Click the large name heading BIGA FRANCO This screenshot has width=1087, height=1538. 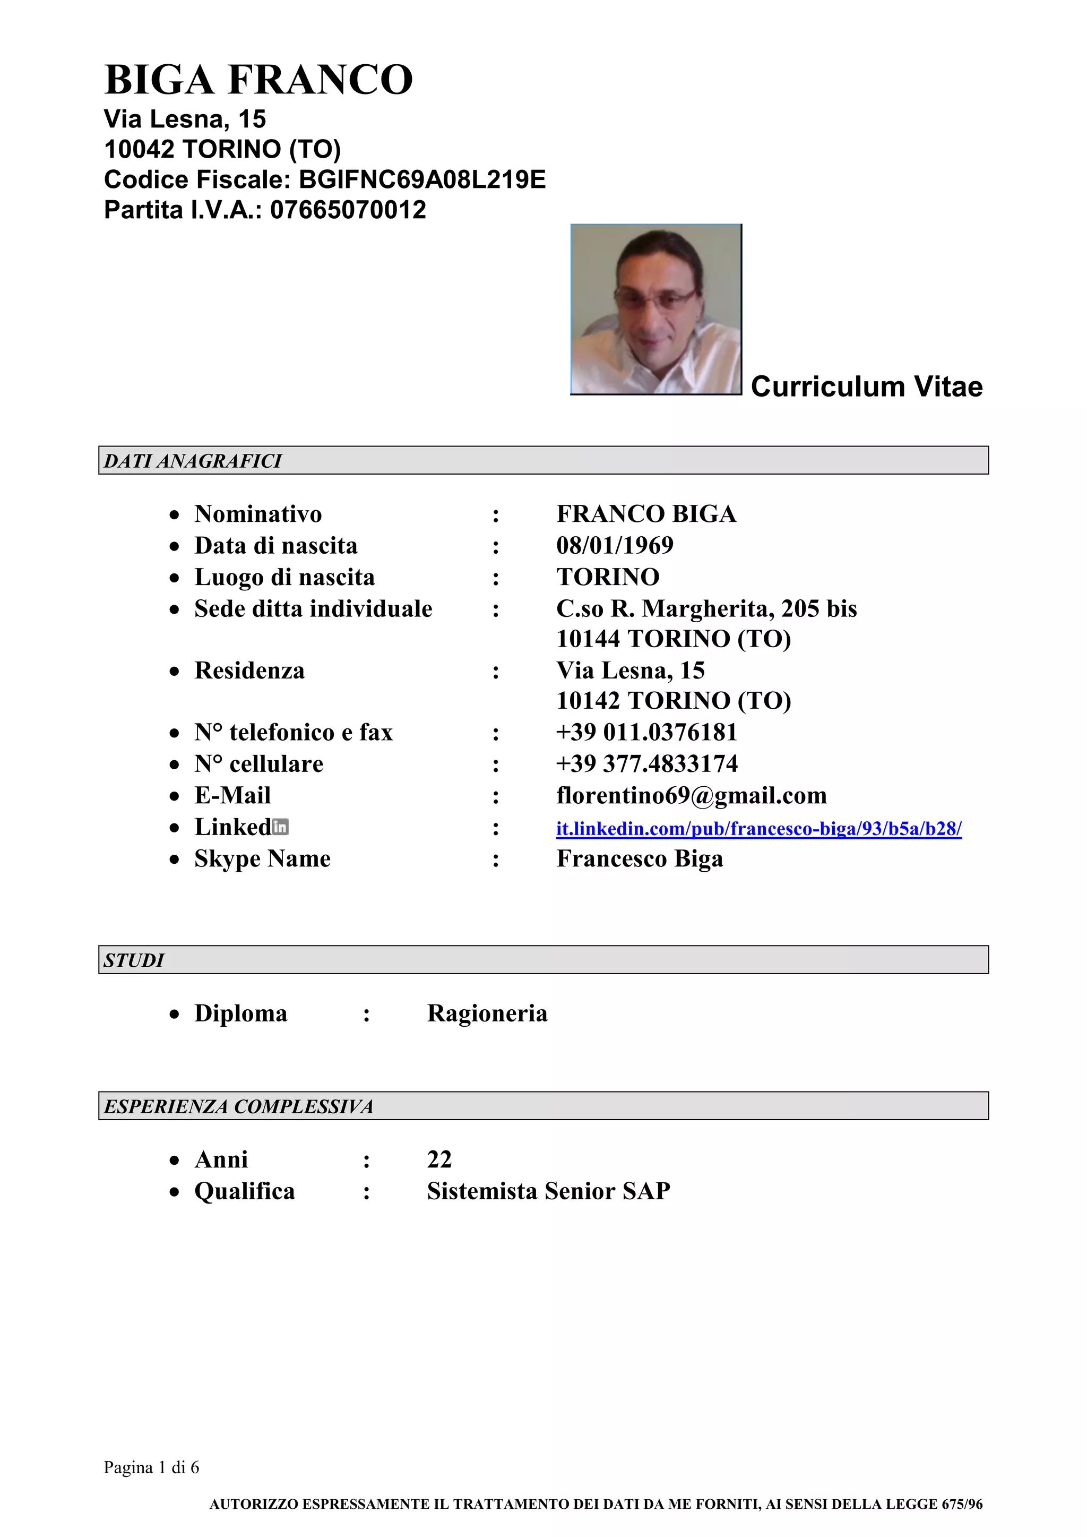[x=258, y=80]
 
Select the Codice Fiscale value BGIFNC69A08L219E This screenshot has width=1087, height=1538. [x=422, y=179]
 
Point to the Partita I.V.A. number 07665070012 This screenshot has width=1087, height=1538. [x=348, y=210]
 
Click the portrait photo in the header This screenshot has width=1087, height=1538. [x=655, y=309]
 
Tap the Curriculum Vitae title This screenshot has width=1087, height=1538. [x=866, y=386]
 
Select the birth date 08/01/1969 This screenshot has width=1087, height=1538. [x=614, y=545]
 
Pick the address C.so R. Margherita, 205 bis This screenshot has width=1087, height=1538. [x=706, y=608]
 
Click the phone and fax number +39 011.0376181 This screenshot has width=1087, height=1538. [x=646, y=732]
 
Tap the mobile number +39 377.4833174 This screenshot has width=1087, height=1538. [x=646, y=763]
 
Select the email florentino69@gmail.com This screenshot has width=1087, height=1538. [x=691, y=795]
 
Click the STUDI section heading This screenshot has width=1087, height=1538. [x=134, y=960]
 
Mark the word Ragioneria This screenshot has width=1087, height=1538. [x=487, y=1013]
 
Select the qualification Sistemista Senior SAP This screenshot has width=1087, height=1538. [x=548, y=1190]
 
